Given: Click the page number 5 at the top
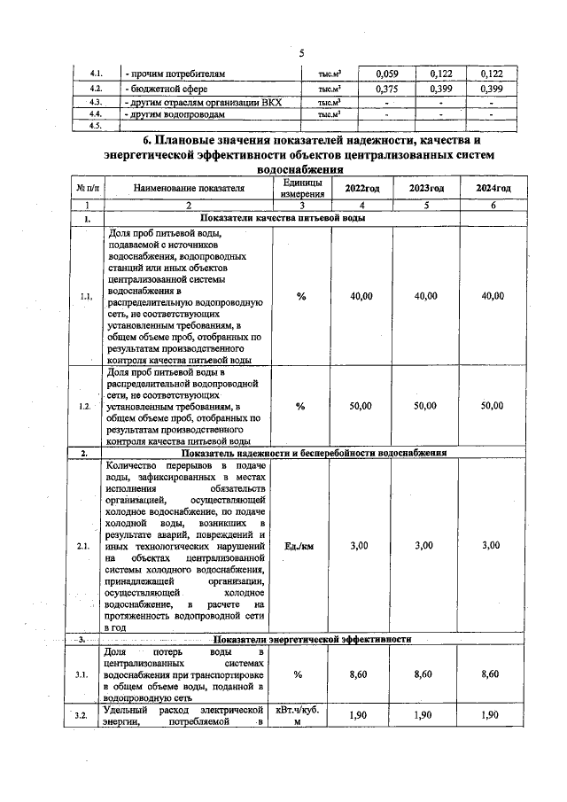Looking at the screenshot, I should [x=301, y=52].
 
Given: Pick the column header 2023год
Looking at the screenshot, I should [x=426, y=189].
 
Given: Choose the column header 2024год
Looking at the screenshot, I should [x=492, y=189].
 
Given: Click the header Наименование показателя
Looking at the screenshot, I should [x=188, y=189].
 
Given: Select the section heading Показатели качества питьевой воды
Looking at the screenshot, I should [x=282, y=218].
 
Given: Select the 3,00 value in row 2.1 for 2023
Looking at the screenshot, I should [x=426, y=545].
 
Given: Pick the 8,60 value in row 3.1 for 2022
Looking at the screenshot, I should [x=359, y=674].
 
